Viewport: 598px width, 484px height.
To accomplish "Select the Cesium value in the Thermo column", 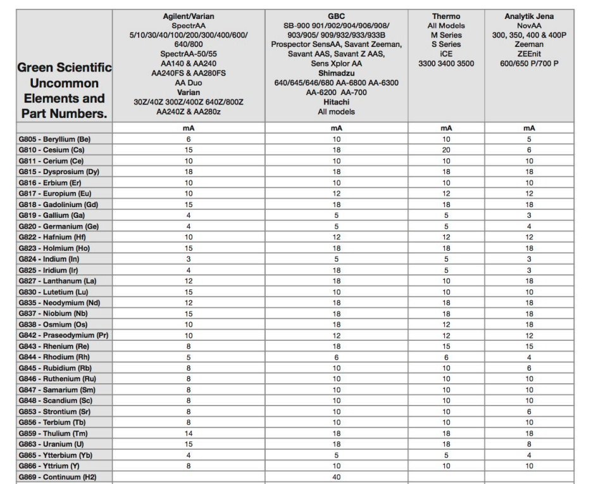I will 445,150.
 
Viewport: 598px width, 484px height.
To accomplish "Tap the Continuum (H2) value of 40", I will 336,476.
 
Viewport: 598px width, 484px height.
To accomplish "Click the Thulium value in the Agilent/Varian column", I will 188,433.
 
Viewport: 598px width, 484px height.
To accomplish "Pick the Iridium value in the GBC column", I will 336,270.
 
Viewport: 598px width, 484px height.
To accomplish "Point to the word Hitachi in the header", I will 336,101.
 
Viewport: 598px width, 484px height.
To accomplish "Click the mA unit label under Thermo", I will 445,127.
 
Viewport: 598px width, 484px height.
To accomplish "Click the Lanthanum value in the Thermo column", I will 445,280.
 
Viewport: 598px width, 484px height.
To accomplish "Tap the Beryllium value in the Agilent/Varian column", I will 188,139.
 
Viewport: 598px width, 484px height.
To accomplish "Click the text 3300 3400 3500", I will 445,63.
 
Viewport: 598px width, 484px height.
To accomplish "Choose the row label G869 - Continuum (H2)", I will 56,476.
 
